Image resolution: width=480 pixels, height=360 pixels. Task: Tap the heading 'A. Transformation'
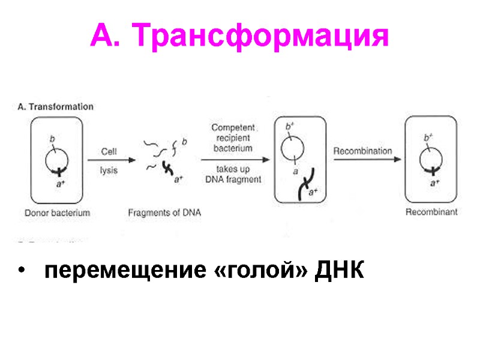pos(55,107)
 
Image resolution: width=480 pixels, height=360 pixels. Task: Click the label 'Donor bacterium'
pos(58,212)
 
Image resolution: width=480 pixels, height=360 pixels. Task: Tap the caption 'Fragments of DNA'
pos(164,212)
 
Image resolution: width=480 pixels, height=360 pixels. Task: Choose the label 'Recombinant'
pos(431,212)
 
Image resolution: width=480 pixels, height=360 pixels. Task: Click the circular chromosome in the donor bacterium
pos(58,157)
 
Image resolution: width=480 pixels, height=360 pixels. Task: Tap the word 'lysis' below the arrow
pos(109,170)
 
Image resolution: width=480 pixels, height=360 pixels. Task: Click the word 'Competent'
pos(233,128)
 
